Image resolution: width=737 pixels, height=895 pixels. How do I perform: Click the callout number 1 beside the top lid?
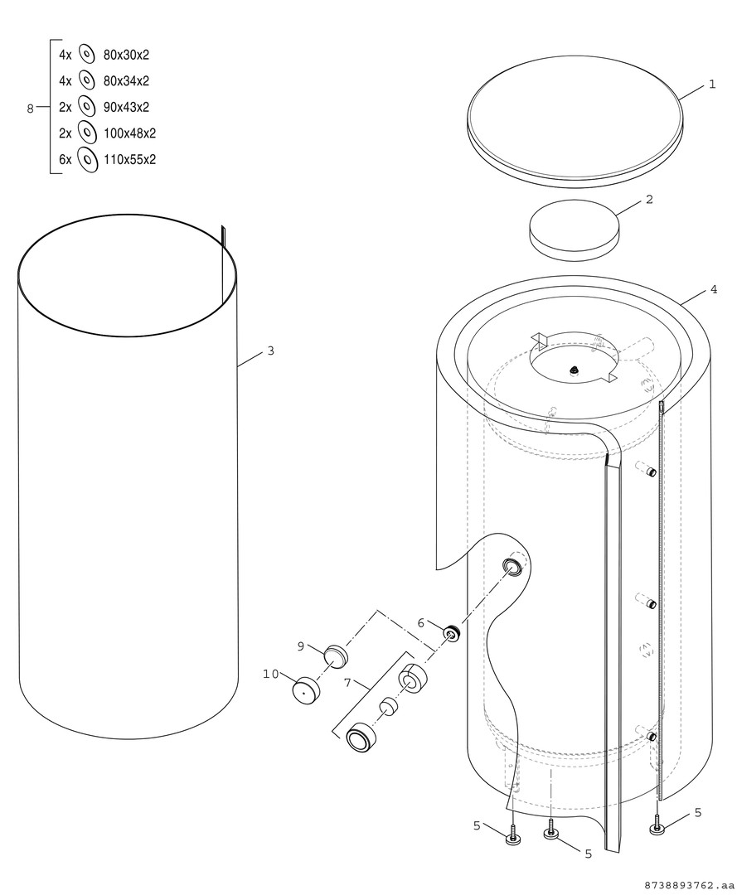(x=711, y=85)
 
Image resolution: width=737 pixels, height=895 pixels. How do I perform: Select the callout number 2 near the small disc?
(x=649, y=200)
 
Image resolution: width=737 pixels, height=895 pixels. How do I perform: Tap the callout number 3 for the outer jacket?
(x=270, y=351)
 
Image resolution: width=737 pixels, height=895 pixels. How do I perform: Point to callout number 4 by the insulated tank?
(x=713, y=290)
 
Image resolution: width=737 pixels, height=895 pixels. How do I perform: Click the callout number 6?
(x=421, y=622)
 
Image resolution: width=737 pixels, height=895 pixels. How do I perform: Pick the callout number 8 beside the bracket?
(x=31, y=108)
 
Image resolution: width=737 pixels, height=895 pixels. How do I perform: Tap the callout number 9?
(x=301, y=646)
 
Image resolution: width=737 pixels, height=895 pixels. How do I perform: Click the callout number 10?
(x=271, y=674)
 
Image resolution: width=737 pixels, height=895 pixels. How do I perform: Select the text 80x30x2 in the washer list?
(x=126, y=56)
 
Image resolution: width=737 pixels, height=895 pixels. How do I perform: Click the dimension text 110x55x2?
(x=129, y=159)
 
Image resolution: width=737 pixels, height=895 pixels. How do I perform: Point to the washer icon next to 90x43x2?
(x=85, y=107)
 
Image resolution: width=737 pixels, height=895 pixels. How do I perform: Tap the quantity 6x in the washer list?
(x=65, y=159)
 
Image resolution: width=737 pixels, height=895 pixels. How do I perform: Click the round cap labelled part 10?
(x=306, y=689)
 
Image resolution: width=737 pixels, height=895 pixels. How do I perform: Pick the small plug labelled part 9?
(x=334, y=655)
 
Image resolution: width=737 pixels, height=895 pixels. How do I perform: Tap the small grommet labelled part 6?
(x=452, y=635)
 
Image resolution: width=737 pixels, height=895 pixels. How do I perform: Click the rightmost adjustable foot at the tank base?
(x=658, y=828)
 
